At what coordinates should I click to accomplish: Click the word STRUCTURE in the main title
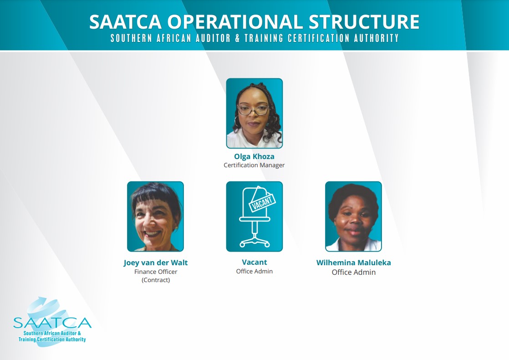point(364,22)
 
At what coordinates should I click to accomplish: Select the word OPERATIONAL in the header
point(235,22)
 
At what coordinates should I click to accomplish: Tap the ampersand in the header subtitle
point(237,38)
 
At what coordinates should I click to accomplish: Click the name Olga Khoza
point(254,156)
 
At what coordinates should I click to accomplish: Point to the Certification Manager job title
point(254,165)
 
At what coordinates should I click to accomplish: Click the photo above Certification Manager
point(254,113)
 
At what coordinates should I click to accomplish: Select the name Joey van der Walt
point(156,262)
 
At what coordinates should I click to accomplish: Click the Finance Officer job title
point(156,272)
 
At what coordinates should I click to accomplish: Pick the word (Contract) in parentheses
point(156,280)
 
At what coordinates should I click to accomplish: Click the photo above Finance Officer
point(156,216)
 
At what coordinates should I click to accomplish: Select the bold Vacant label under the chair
point(254,262)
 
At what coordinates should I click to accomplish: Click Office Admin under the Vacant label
point(254,271)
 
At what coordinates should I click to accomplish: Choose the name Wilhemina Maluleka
point(353,262)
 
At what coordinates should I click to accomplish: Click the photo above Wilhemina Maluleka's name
point(353,216)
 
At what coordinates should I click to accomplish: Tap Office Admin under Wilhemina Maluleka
point(353,272)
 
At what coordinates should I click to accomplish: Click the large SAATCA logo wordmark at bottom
point(52,323)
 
